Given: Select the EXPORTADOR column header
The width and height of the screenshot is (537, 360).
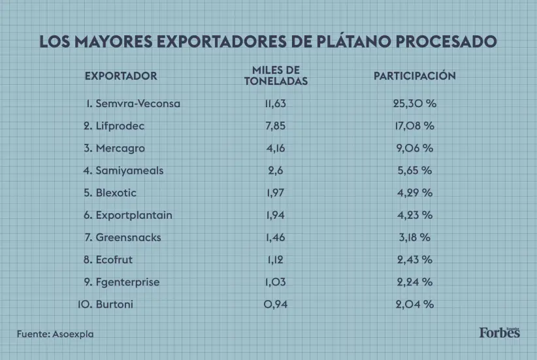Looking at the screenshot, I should pyautogui.click(x=121, y=76).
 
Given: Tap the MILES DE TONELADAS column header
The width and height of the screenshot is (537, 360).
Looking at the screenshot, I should pyautogui.click(x=276, y=76).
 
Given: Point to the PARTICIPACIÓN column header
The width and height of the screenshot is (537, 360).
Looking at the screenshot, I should pyautogui.click(x=414, y=76).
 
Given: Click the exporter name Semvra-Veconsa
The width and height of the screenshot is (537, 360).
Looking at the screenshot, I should pyautogui.click(x=137, y=104).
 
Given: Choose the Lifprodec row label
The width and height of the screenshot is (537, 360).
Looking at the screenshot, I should pyautogui.click(x=119, y=126).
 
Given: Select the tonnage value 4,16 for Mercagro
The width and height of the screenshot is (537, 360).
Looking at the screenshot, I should pyautogui.click(x=276, y=148).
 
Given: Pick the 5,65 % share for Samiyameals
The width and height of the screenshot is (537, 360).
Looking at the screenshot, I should pyautogui.click(x=414, y=171).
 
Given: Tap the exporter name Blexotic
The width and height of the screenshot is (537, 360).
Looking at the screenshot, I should pyautogui.click(x=116, y=193).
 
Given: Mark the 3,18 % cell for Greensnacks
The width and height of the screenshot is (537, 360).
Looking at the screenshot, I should pyautogui.click(x=414, y=237).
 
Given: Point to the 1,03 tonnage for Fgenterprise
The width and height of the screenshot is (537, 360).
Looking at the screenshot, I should pyautogui.click(x=276, y=282).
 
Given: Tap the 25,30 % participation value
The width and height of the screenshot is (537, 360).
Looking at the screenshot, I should pyautogui.click(x=414, y=104).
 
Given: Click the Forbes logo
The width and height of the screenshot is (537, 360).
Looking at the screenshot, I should pyautogui.click(x=499, y=333).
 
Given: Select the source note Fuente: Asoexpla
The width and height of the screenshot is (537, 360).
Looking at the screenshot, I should pyautogui.click(x=56, y=334).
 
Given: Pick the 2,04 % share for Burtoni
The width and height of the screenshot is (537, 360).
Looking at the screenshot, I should pyautogui.click(x=414, y=304).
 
